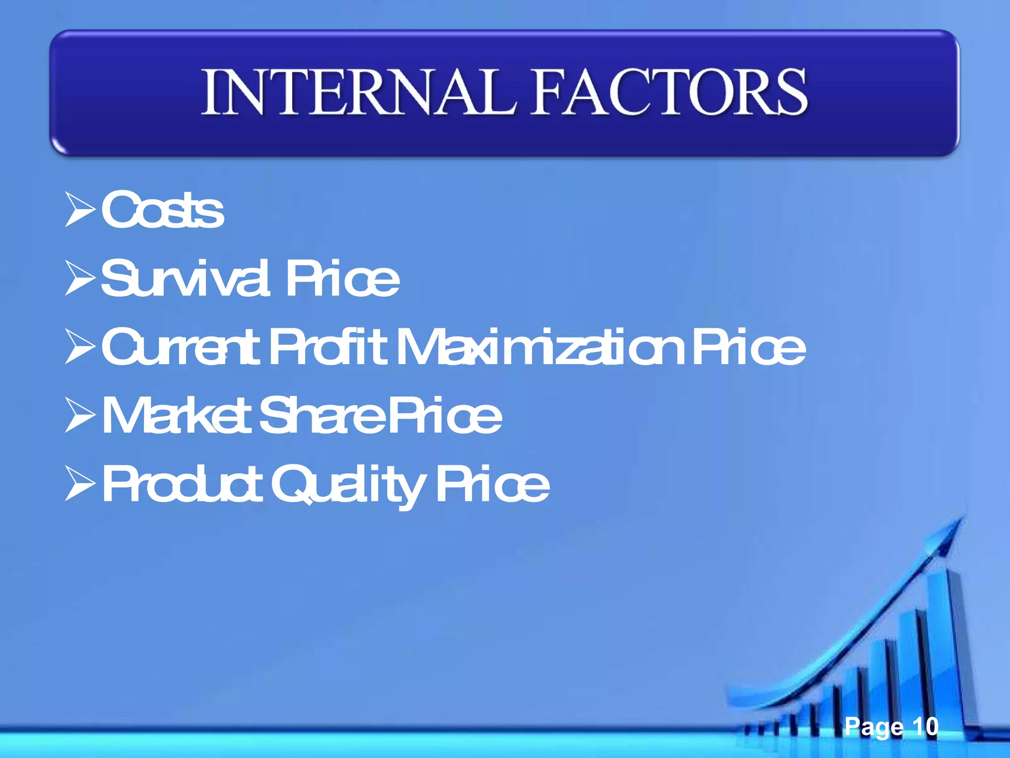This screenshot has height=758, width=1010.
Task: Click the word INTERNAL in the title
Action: [x=359, y=92]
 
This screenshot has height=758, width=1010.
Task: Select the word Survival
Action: [x=185, y=279]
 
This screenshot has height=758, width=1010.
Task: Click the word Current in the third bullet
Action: [x=180, y=348]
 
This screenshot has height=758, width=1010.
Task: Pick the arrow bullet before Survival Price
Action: [x=79, y=279]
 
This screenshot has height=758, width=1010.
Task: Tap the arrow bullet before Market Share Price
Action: [x=79, y=417]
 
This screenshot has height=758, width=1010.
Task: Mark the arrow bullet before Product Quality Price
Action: [x=79, y=485]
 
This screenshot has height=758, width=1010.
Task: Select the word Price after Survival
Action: [x=342, y=279]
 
